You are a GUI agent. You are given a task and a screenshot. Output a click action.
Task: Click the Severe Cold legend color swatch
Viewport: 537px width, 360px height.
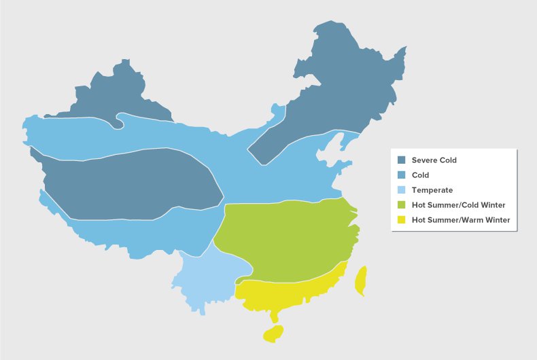[x=401, y=160]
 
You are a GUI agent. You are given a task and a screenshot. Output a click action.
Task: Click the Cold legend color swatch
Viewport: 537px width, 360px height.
[x=401, y=175]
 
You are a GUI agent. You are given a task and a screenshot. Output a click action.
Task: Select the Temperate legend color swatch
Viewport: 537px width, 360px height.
[x=401, y=190]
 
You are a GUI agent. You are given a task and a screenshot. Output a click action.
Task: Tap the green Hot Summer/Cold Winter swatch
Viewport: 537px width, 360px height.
[x=401, y=204]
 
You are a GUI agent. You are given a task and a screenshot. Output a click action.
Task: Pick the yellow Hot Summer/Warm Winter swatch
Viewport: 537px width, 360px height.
[x=401, y=219]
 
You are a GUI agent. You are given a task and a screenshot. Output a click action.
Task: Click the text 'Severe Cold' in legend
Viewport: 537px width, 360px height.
[x=434, y=160]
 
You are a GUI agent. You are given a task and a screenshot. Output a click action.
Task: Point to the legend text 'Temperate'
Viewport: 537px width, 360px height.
[x=432, y=190]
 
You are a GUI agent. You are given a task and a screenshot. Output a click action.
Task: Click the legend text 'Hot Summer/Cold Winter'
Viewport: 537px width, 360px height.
[x=458, y=204]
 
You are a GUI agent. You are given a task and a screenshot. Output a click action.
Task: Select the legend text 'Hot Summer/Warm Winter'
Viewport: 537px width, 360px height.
[x=460, y=219]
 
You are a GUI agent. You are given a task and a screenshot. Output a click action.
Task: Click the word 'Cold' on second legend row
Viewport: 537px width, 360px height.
[x=420, y=175]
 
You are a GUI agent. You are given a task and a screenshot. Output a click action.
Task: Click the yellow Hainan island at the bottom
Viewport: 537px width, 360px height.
[x=274, y=334]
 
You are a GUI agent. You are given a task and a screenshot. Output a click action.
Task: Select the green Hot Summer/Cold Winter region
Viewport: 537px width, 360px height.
[x=285, y=238]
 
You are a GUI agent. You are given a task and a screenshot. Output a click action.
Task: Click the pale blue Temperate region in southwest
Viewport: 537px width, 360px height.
[x=204, y=278]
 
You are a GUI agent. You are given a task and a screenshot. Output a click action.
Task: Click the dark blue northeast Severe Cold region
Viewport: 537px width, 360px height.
[x=340, y=88]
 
